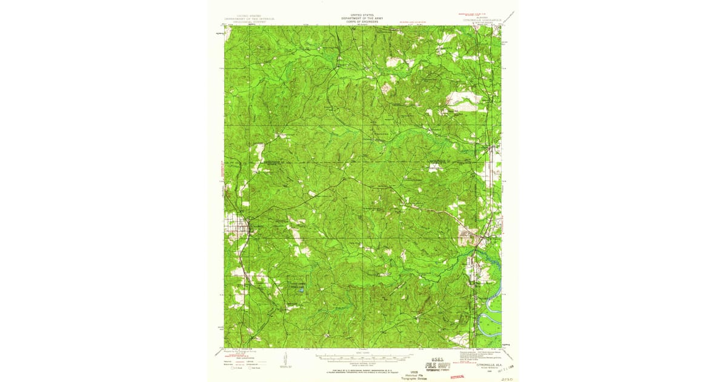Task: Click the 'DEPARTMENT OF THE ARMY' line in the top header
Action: coord(362,18)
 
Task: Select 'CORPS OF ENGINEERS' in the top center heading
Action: coord(362,21)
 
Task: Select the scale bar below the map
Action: coord(362,357)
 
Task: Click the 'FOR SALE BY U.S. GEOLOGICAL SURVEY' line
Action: coord(362,369)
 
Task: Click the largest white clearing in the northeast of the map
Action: coord(464,98)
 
